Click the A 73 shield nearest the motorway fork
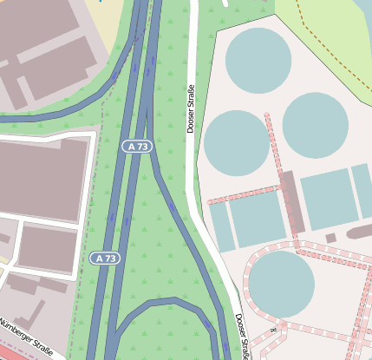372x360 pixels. click(x=138, y=147)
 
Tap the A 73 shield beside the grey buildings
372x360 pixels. click(x=105, y=259)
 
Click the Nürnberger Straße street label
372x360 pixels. click(x=26, y=337)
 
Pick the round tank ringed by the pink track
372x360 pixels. click(x=281, y=284)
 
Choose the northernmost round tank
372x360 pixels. click(x=258, y=59)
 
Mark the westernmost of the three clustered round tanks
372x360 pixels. click(x=237, y=142)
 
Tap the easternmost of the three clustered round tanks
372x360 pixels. click(x=315, y=125)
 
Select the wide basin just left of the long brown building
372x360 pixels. click(x=257, y=219)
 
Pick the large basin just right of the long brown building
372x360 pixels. click(x=329, y=200)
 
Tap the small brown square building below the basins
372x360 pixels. click(x=330, y=238)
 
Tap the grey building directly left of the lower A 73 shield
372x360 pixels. click(x=47, y=247)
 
